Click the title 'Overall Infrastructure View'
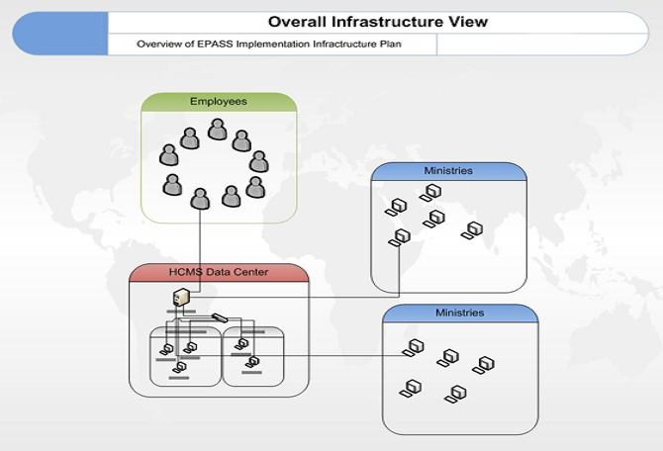point(378,22)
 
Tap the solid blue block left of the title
point(59,34)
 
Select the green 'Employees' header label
point(219,102)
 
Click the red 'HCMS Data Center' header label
point(218,272)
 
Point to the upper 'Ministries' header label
point(448,171)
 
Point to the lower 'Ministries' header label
point(460,313)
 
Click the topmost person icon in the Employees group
point(218,130)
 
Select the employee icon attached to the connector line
point(201,198)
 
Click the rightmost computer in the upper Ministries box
point(474,230)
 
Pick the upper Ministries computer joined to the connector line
point(401,236)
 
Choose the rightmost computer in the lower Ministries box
point(485,364)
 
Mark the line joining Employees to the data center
point(201,242)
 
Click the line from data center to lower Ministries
point(327,355)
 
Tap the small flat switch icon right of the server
point(220,317)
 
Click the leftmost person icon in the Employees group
point(169,155)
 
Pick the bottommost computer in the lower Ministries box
point(455,394)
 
